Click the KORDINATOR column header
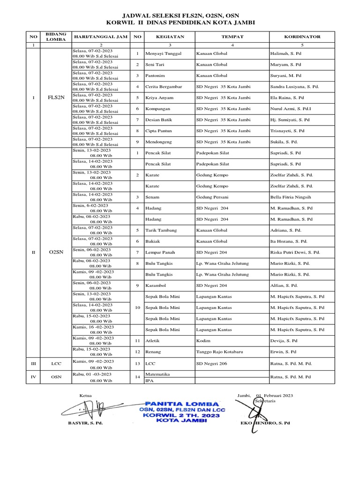tap(302, 37)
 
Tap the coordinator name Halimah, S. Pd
tap(286, 53)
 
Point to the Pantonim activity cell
tap(157, 75)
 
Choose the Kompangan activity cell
tap(159, 108)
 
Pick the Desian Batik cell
tap(160, 120)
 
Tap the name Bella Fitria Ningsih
tap(290, 197)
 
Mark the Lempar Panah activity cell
tap(161, 252)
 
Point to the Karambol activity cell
tap(157, 285)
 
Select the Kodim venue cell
tap(203, 340)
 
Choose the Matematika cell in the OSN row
tap(157, 374)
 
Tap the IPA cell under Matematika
tap(150, 381)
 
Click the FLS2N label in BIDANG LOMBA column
tap(56, 97)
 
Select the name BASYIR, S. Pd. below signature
tap(85, 422)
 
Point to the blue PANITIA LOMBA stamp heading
tap(181, 403)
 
